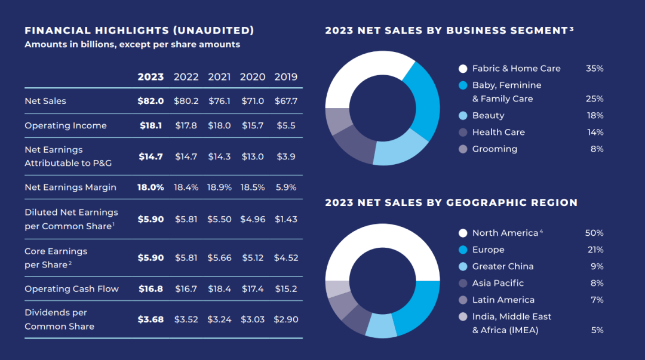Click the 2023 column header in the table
pyautogui.click(x=150, y=77)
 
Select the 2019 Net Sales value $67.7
pyautogui.click(x=286, y=101)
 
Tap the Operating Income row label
pyautogui.click(x=66, y=125)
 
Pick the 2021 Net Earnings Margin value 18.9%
pyautogui.click(x=219, y=187)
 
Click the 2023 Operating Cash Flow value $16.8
pyautogui.click(x=150, y=288)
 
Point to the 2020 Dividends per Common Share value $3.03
pyautogui.click(x=253, y=319)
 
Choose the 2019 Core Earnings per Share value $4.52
pyautogui.click(x=286, y=258)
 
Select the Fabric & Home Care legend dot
pyautogui.click(x=463, y=69)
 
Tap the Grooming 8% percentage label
pyautogui.click(x=597, y=149)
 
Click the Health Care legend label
pyautogui.click(x=499, y=132)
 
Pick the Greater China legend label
pyautogui.click(x=503, y=266)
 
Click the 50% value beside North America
pyautogui.click(x=594, y=233)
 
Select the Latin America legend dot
pyautogui.click(x=463, y=300)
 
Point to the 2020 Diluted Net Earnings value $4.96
pyautogui.click(x=253, y=219)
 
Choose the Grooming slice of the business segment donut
pyautogui.click(x=338, y=121)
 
